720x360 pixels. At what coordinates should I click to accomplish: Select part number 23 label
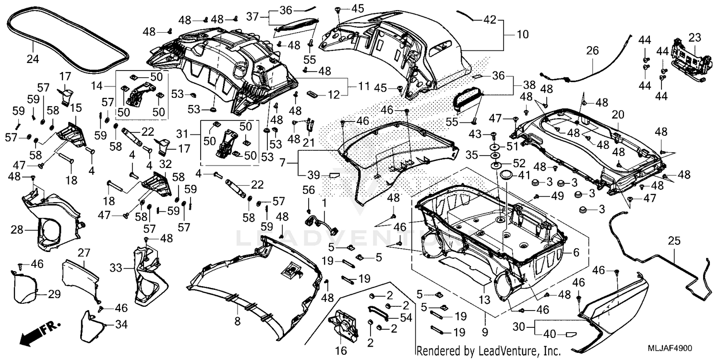[695, 37]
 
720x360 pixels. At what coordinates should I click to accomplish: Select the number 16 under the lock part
[340, 351]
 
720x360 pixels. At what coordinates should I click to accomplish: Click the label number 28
[17, 231]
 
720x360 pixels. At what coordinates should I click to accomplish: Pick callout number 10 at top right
[522, 35]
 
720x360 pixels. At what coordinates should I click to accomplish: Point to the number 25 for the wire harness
[674, 241]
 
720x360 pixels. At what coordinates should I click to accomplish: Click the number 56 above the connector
[309, 190]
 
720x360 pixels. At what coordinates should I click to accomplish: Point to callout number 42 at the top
[489, 21]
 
